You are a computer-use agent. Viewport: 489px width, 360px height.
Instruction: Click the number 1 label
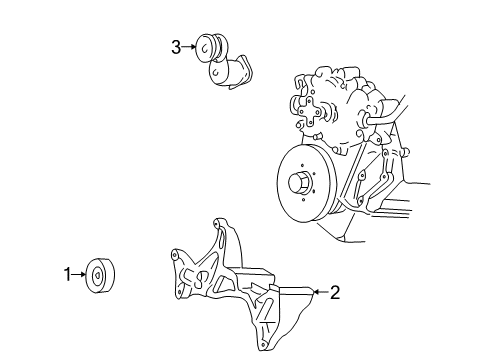pos(68,273)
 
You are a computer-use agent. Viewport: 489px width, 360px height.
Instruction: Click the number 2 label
pos(335,293)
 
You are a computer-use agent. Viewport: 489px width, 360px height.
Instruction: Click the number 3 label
pos(176,46)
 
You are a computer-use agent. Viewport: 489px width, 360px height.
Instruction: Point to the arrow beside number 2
pos(319,292)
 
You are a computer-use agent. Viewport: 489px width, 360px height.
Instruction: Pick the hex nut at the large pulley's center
pos(297,184)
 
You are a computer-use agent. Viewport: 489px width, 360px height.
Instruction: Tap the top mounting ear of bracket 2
pos(217,227)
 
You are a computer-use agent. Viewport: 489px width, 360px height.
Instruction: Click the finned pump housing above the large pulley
pos(335,95)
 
